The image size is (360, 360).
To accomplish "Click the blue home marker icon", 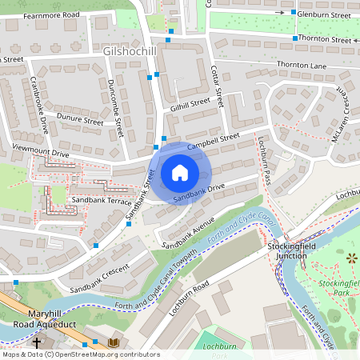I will (180, 173).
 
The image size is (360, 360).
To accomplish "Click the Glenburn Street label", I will (324, 14).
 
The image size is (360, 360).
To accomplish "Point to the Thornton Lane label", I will (298, 64).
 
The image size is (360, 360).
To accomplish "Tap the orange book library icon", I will (114, 343).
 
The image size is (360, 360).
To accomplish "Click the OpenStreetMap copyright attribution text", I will (81, 354).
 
